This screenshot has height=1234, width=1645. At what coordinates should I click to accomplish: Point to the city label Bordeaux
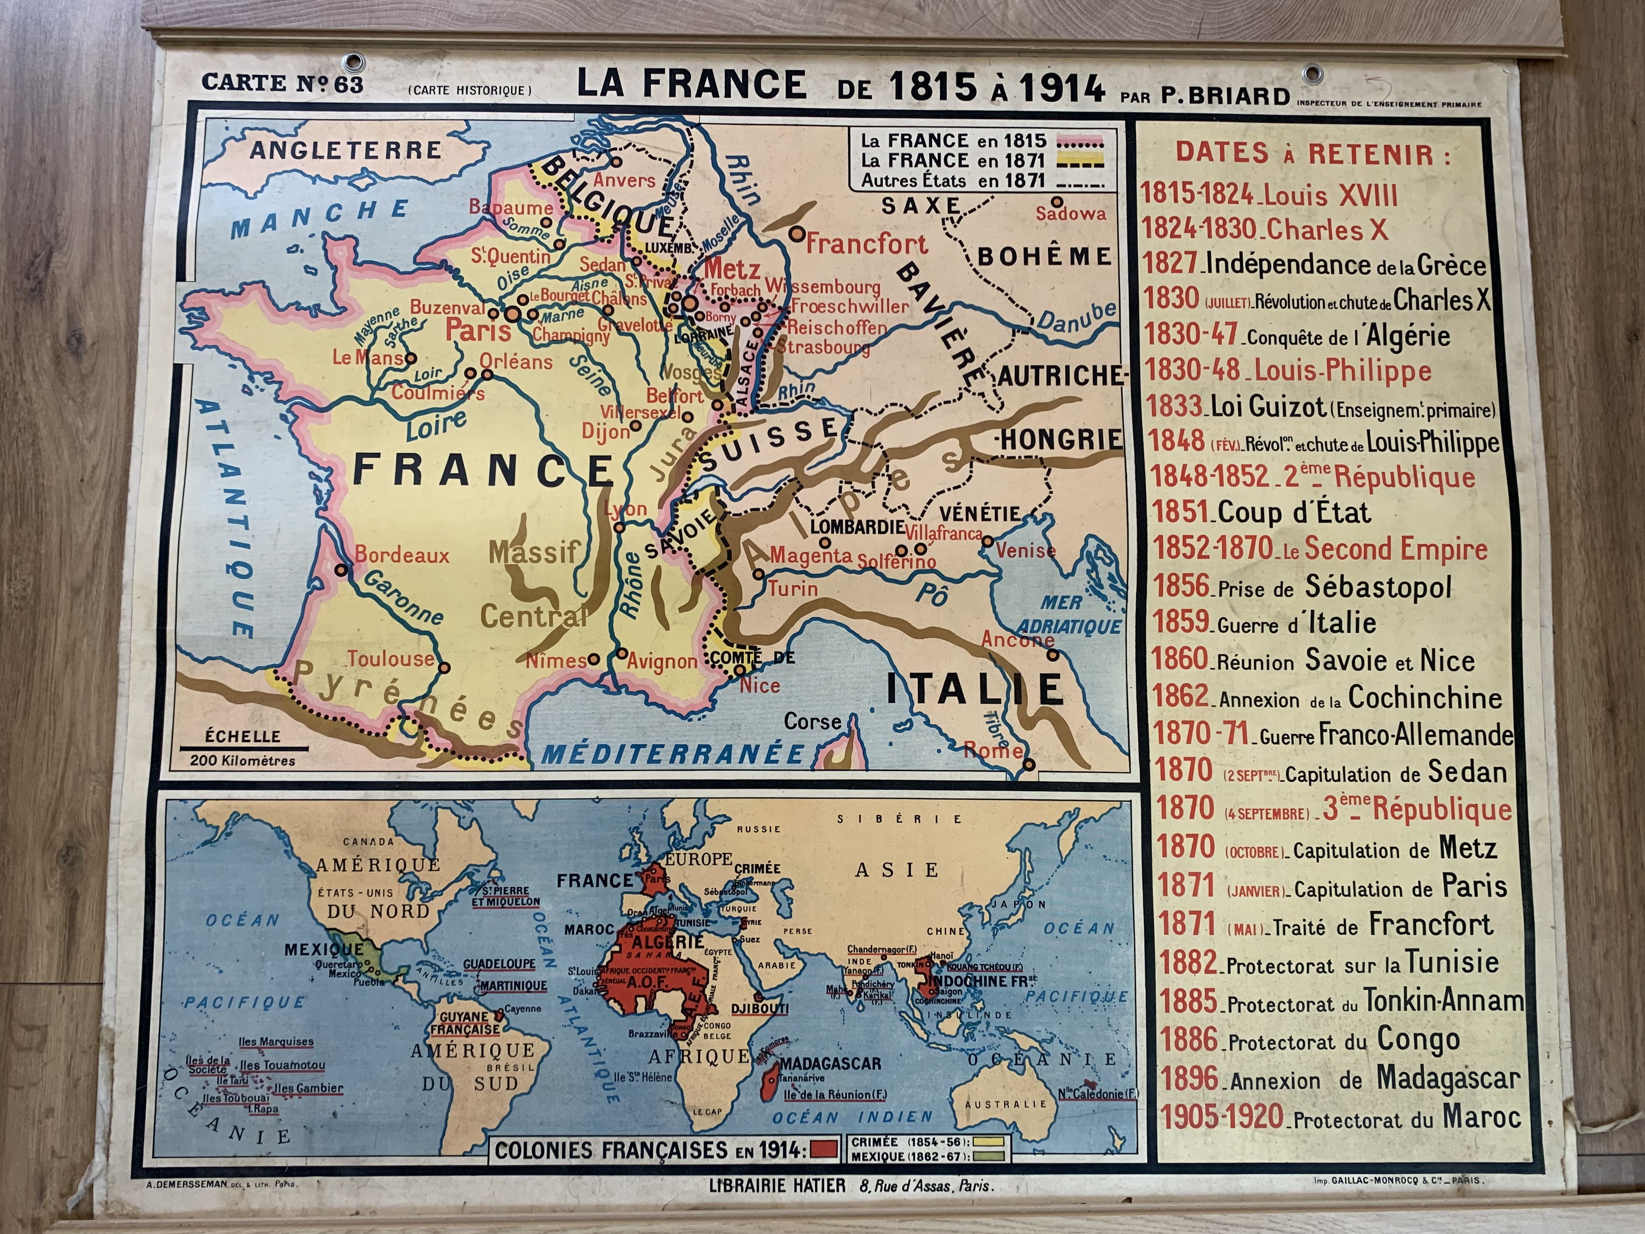(x=401, y=555)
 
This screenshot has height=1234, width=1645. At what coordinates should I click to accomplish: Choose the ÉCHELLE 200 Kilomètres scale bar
(x=242, y=748)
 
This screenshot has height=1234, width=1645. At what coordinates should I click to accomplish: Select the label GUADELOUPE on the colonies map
(x=499, y=963)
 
